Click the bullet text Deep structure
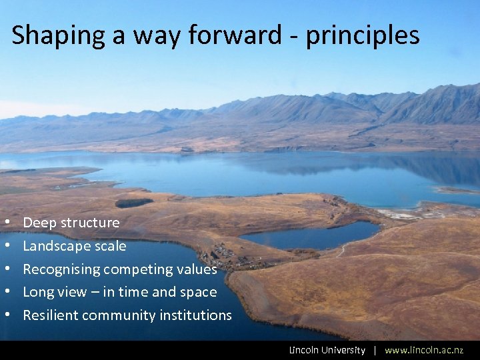click(x=71, y=223)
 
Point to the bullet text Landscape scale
click(x=75, y=246)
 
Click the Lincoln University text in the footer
click(x=327, y=350)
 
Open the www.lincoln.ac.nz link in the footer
click(x=423, y=350)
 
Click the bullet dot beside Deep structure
click(x=7, y=223)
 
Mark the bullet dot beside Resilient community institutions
click(x=7, y=315)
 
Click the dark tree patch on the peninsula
click(x=133, y=203)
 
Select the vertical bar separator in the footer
click(x=375, y=350)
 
